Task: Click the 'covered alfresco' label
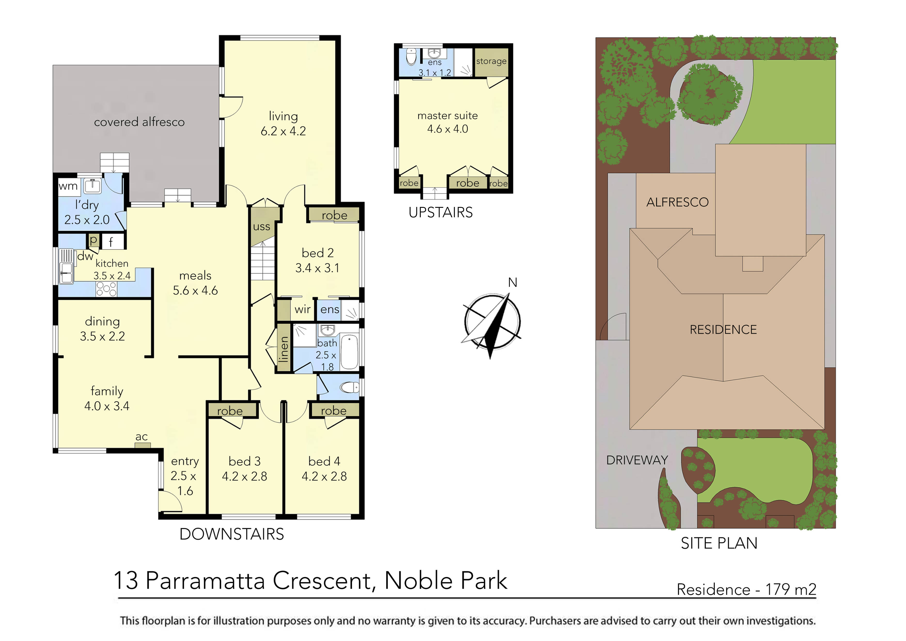[139, 122]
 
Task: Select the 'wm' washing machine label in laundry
[68, 186]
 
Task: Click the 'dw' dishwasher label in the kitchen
[85, 256]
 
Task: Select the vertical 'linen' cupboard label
[284, 349]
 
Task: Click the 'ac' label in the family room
[142, 437]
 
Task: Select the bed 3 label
[245, 461]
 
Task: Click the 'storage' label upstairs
[491, 61]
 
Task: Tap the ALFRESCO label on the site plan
[677, 202]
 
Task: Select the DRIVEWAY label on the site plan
[637, 460]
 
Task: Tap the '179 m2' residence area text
[791, 589]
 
